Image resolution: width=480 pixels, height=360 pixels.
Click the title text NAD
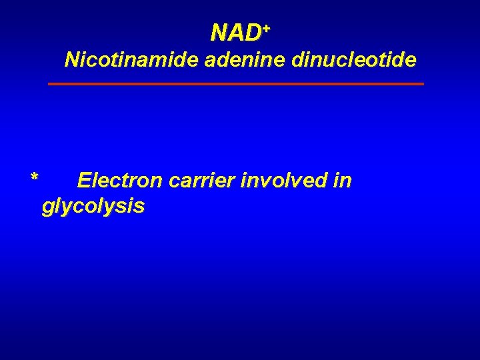pyautogui.click(x=237, y=32)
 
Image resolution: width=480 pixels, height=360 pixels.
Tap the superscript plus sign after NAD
pyautogui.click(x=266, y=27)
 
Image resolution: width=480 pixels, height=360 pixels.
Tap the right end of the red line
pyautogui.click(x=423, y=84)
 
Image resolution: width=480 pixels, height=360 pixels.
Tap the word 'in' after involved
pyautogui.click(x=343, y=181)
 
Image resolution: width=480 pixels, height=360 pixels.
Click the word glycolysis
pyautogui.click(x=93, y=207)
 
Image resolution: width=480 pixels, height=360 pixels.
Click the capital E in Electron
pyautogui.click(x=84, y=181)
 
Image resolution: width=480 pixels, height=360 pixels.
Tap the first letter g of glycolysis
pyautogui.click(x=47, y=208)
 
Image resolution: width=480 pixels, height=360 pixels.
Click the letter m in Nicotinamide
pyautogui.click(x=137, y=61)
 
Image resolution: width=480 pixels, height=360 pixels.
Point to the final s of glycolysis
pyautogui.click(x=139, y=207)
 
